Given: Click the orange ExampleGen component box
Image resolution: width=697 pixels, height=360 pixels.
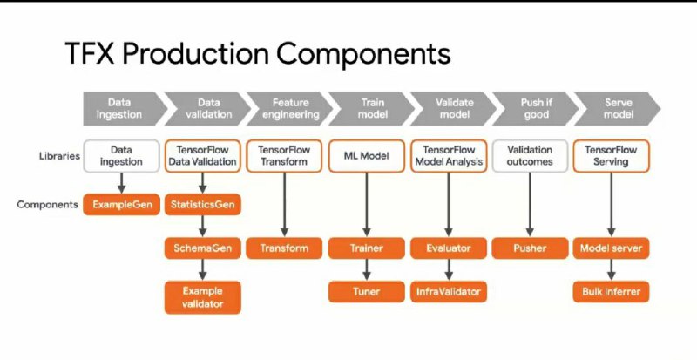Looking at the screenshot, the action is pos(121,205).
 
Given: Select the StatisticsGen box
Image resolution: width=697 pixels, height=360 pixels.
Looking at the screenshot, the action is pos(203,205).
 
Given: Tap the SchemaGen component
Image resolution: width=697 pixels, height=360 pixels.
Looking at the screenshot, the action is pos(203,248).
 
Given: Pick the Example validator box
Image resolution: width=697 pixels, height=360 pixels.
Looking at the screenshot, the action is pos(203,297).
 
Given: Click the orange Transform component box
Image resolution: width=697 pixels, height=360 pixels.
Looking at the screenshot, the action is pos(285,248).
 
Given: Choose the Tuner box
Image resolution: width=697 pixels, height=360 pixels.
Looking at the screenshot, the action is pos(366,291).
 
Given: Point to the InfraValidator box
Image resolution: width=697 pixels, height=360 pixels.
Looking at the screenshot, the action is pos(449,291).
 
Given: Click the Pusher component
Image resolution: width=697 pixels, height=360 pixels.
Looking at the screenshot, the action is pos(530,248).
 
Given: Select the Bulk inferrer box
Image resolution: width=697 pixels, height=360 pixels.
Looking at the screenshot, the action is pos(612,291).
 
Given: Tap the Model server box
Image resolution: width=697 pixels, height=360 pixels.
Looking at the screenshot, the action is pos(612,248).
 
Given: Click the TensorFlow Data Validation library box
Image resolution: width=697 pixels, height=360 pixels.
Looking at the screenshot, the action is pos(203,156).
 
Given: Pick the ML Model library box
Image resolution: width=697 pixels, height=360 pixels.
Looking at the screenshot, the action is pos(366,156).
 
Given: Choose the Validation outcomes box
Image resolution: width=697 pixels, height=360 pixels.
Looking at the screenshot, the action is pos(530,156).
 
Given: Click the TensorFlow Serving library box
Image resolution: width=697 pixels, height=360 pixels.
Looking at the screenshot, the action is pos(612,156).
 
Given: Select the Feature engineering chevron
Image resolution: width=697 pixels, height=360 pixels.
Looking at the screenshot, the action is pos(290,109).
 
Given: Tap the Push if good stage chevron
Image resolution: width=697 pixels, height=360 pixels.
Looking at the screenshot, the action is pos(535,109).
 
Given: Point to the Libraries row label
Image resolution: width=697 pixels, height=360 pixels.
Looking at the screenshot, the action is pos(59,156).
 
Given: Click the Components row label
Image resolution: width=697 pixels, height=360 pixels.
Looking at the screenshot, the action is pos(48,205).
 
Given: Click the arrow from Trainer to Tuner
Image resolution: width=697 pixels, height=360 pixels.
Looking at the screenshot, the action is pos(366,269).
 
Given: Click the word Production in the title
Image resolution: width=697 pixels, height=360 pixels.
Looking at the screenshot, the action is pos(194,54).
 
